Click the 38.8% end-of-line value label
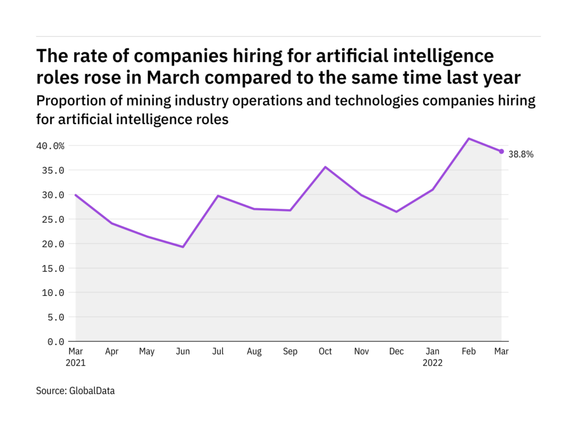point(521,153)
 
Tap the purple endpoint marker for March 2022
point(501,151)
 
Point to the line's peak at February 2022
point(469,138)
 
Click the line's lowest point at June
point(183,247)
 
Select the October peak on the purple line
point(325,167)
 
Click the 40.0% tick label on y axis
point(51,146)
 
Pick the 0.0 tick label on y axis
point(55,342)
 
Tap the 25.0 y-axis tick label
point(52,219)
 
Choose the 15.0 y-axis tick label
point(52,268)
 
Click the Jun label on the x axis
point(183,352)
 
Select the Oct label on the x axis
point(325,352)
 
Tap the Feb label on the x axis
point(469,352)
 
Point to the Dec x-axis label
point(397,352)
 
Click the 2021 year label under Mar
point(76,363)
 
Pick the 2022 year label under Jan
point(432,363)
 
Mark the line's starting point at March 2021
point(76,195)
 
